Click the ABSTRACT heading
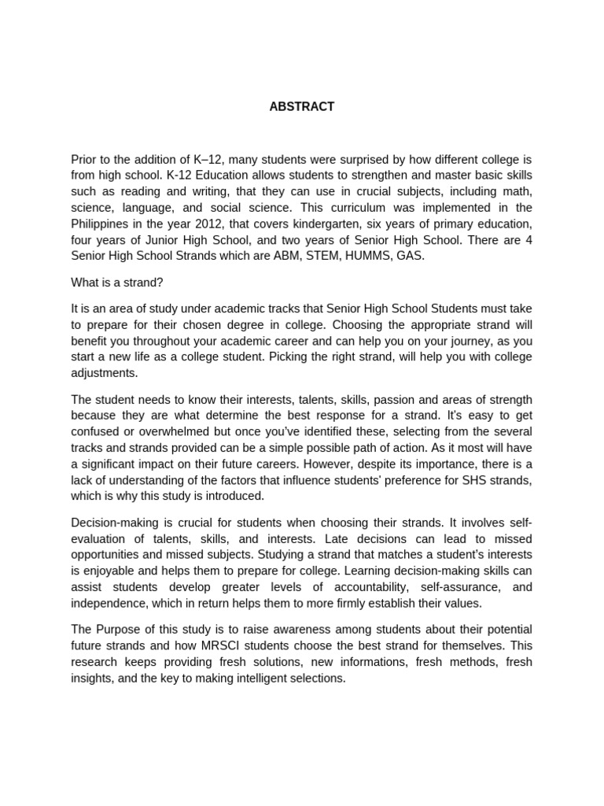(x=302, y=107)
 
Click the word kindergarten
(x=309, y=224)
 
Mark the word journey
(x=479, y=341)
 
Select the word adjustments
(x=104, y=373)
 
